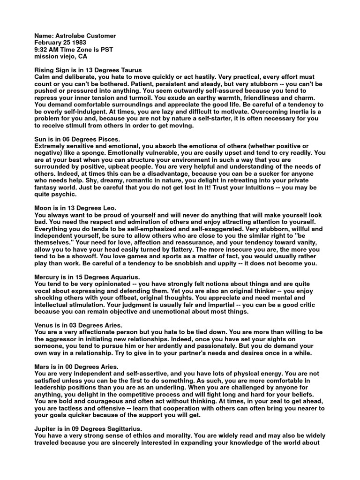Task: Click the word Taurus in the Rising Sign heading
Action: pyautogui.click(x=129, y=70)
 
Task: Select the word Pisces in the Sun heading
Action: pyautogui.click(x=109, y=139)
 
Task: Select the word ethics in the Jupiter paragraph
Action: pyautogui.click(x=144, y=435)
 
